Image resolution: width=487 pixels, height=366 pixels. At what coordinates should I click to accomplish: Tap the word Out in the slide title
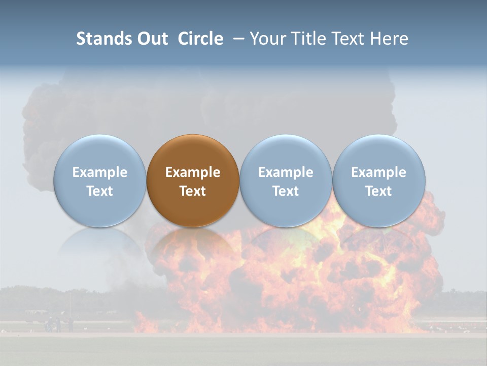(151, 39)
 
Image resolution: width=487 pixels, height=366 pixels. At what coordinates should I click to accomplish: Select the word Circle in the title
(200, 39)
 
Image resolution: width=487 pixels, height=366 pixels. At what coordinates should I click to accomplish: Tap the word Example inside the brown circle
(193, 172)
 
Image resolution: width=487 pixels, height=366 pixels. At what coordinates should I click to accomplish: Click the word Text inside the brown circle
(193, 191)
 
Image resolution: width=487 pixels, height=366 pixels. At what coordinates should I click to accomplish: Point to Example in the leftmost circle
(99, 172)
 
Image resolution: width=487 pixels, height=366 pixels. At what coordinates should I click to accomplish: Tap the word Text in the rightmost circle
(378, 191)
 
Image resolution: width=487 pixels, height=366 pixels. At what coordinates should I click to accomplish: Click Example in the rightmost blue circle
(378, 172)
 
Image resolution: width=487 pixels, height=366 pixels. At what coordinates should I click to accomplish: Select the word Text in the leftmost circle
(99, 191)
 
